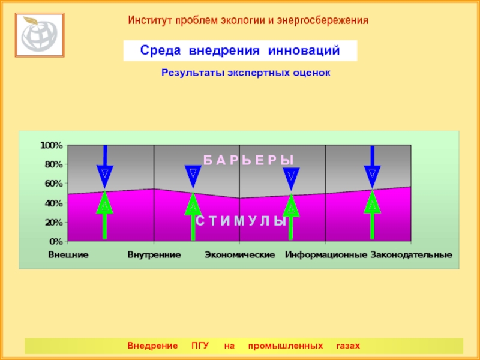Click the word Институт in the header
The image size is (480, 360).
point(149,20)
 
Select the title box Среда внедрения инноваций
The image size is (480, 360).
point(240,51)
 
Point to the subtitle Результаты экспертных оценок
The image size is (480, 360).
point(246,73)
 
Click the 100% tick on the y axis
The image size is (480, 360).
point(52,145)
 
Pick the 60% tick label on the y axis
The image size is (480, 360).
point(53,184)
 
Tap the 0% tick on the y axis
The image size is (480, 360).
point(56,241)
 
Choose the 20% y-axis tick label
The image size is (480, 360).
point(53,222)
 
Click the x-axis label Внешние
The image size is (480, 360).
point(68,255)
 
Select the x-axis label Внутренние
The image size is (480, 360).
point(154,255)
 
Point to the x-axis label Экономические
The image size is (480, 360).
point(239,255)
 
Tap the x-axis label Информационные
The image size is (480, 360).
point(326,255)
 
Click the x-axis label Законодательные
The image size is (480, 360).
point(411,255)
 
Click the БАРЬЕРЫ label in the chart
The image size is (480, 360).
point(248,160)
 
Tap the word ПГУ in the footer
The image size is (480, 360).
point(200,346)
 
